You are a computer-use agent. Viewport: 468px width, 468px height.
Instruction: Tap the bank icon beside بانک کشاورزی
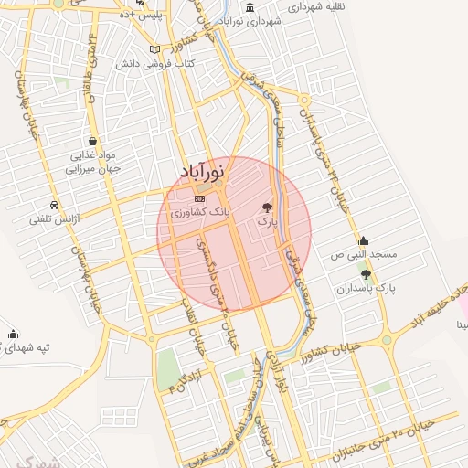coord(200,197)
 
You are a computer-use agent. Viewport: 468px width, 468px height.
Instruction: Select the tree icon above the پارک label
coord(267,207)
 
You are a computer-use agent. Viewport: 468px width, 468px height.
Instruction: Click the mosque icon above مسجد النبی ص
coord(363,239)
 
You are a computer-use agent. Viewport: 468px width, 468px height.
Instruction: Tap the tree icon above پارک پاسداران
coord(367,273)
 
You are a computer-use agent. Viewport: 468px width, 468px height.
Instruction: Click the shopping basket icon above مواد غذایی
coord(93,142)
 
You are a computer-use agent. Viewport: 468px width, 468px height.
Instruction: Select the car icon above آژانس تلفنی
coord(55,205)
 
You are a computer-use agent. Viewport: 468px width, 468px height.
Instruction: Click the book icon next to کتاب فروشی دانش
coord(154,48)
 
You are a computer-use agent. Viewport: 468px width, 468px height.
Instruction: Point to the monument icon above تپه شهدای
coord(12,334)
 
